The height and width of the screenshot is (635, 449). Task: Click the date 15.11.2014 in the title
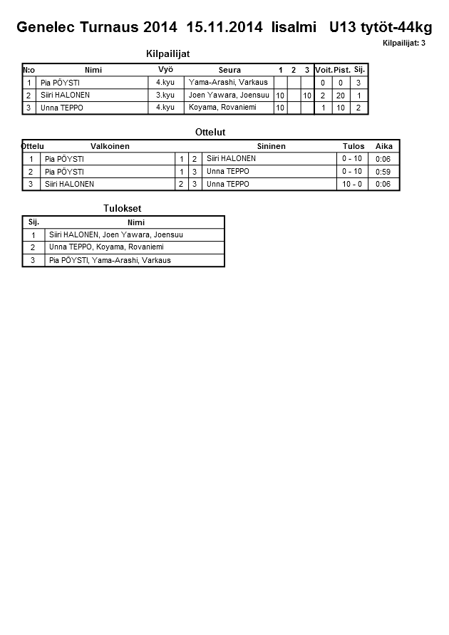click(225, 28)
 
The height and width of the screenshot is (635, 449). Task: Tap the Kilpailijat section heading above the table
click(167, 54)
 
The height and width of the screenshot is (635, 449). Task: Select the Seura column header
click(229, 70)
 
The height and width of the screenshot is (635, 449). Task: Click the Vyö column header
click(165, 69)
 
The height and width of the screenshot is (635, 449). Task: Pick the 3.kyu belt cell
click(165, 95)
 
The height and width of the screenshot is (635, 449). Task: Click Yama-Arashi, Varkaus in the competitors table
click(228, 82)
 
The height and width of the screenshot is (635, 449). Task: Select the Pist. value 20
click(341, 95)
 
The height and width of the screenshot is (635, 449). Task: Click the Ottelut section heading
click(210, 133)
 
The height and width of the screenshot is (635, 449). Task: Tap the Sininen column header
click(271, 146)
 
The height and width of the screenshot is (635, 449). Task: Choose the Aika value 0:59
click(383, 172)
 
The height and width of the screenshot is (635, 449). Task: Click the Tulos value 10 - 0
click(352, 184)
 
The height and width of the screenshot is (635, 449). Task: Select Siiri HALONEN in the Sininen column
click(231, 158)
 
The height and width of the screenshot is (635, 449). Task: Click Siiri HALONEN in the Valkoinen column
click(69, 184)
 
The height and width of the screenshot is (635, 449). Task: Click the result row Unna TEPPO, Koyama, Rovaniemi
click(106, 247)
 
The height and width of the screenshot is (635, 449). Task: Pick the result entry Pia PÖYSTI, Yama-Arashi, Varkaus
click(110, 260)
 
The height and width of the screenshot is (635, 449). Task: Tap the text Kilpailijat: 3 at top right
click(403, 43)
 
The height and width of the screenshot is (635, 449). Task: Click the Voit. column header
click(324, 70)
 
